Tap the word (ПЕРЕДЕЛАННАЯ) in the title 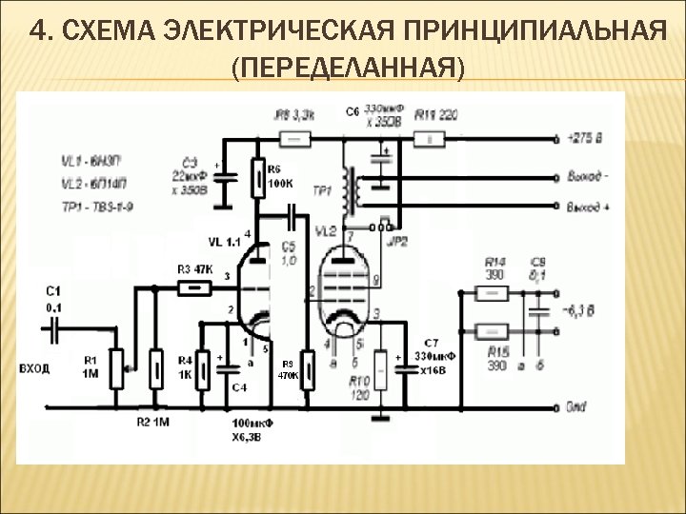[x=349, y=68]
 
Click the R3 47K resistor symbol [x=195, y=287]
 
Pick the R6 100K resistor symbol [x=259, y=177]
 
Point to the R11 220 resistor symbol [x=431, y=139]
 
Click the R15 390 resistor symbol [x=494, y=331]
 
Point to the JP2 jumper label [x=398, y=243]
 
